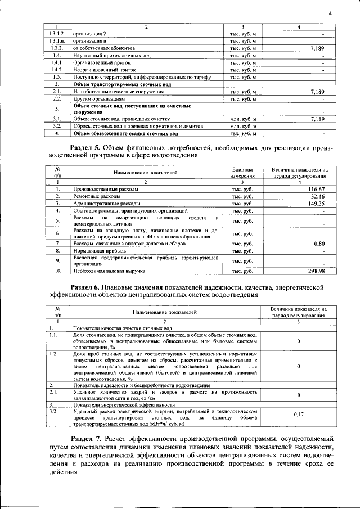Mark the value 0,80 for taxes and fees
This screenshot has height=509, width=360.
319,244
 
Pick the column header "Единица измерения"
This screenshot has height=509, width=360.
242,172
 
